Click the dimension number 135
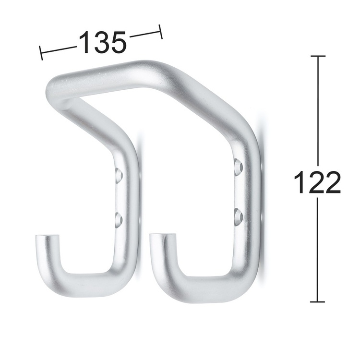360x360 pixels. [x=102, y=42]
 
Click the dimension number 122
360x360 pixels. [x=317, y=183]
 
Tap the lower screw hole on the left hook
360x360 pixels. [x=118, y=220]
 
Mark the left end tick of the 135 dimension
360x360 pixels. [x=41, y=52]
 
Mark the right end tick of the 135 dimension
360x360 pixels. [x=161, y=31]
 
